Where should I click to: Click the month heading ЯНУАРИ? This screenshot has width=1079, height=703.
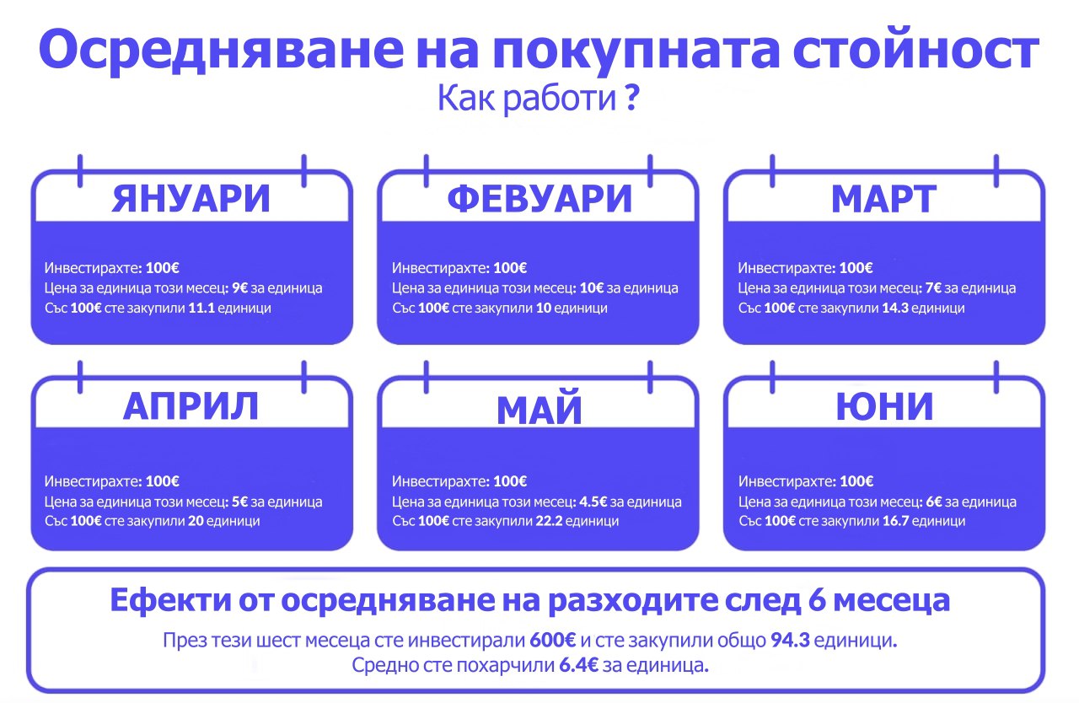pyautogui.click(x=191, y=199)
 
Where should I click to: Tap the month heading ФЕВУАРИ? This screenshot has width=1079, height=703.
pyautogui.click(x=539, y=199)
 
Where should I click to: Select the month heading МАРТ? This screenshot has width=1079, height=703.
pyautogui.click(x=884, y=199)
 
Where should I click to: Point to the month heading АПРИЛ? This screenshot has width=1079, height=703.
pyautogui.click(x=191, y=406)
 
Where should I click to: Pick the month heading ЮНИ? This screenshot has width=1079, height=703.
pyautogui.click(x=884, y=406)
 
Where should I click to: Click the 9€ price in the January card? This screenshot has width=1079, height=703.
pyautogui.click(x=240, y=288)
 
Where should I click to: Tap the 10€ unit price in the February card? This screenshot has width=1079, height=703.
pyautogui.click(x=592, y=288)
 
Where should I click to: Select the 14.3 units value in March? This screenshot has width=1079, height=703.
pyautogui.click(x=895, y=308)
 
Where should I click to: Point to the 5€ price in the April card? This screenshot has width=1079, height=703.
pyautogui.click(x=240, y=502)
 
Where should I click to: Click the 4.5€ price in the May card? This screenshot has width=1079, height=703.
pyautogui.click(x=593, y=502)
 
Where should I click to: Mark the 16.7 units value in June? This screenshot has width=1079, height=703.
pyautogui.click(x=895, y=521)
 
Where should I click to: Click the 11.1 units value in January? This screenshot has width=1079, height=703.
pyautogui.click(x=201, y=308)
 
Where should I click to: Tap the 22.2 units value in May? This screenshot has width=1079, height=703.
pyautogui.click(x=549, y=521)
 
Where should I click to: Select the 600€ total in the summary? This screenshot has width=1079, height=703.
pyautogui.click(x=552, y=640)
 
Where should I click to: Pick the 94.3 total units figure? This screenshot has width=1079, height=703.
pyautogui.click(x=790, y=640)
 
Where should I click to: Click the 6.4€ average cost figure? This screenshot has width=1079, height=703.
pyautogui.click(x=578, y=665)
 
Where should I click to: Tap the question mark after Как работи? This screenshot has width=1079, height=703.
pyautogui.click(x=633, y=98)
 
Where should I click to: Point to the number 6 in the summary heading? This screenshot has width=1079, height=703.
pyautogui.click(x=817, y=600)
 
